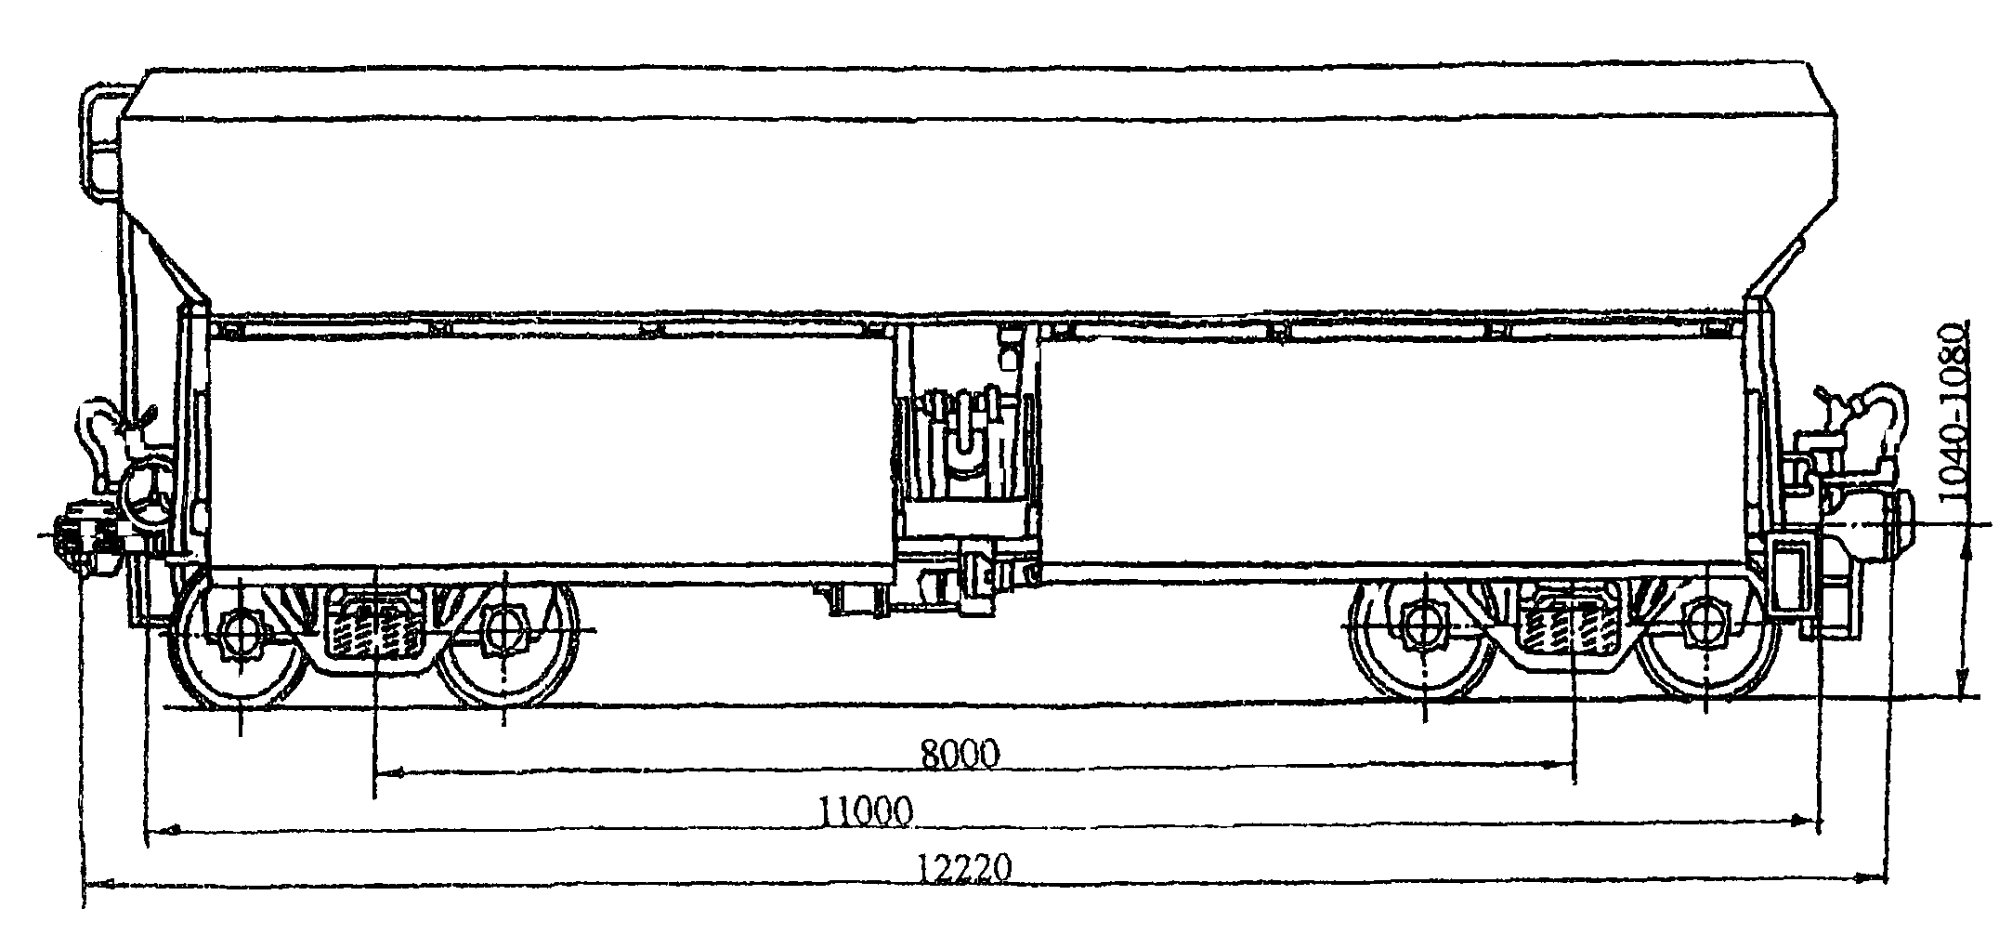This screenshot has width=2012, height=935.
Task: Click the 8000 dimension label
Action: click(960, 754)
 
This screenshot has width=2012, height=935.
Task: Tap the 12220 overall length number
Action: click(965, 869)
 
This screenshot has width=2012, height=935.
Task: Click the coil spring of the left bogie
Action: click(373, 627)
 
